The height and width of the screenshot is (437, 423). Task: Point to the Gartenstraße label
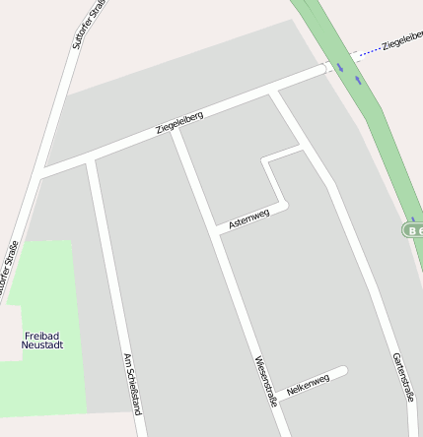(402, 377)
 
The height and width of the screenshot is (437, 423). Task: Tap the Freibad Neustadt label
(42, 341)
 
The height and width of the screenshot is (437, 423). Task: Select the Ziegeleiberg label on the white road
(179, 123)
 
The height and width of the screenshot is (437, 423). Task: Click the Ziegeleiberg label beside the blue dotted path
(401, 40)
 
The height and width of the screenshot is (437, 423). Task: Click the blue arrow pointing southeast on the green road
(358, 79)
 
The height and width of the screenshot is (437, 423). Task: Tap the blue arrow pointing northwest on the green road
(339, 66)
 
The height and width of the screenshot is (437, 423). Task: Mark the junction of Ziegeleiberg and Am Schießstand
(90, 158)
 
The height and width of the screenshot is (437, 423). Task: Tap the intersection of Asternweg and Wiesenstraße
(219, 231)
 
